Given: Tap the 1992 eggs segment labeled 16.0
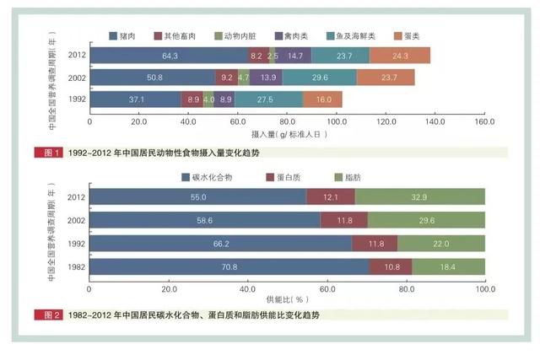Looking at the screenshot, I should click(x=323, y=99).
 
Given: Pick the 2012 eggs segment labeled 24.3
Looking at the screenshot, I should click(x=399, y=56).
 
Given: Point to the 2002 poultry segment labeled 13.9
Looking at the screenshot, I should click(x=267, y=78).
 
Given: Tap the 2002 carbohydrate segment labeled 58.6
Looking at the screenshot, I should click(x=205, y=220).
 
